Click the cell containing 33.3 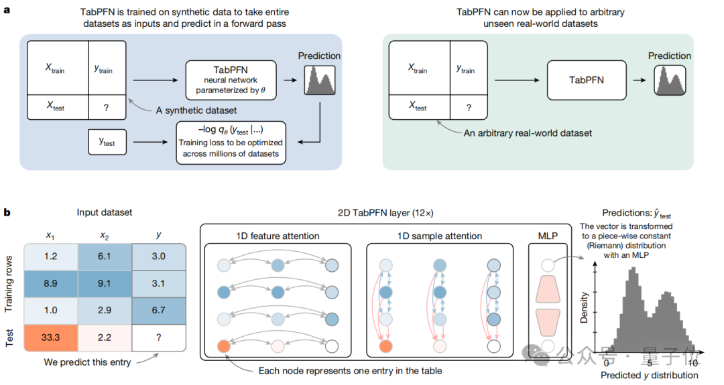pyautogui.click(x=50, y=337)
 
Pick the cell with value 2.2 pyautogui.click(x=105, y=337)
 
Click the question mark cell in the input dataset pyautogui.click(x=158, y=337)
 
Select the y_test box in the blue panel pyautogui.click(x=107, y=142)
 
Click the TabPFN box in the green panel pyautogui.click(x=587, y=80)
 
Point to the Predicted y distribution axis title pyautogui.click(x=650, y=375)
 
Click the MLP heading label pyautogui.click(x=548, y=236)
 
